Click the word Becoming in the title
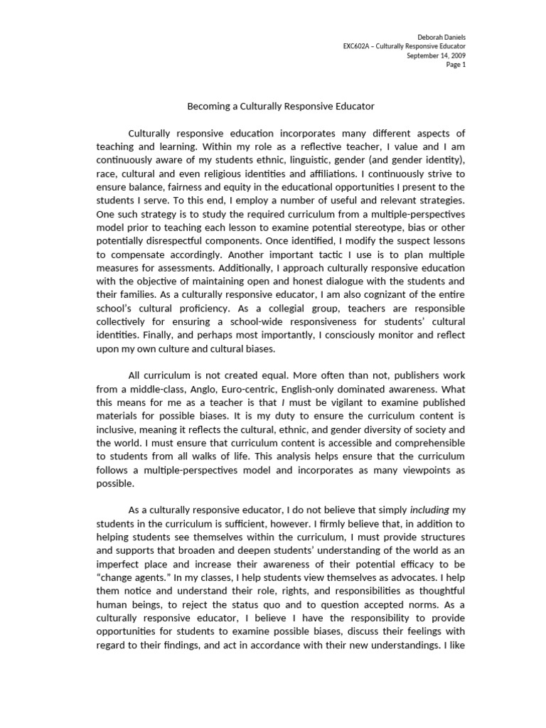(x=207, y=106)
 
